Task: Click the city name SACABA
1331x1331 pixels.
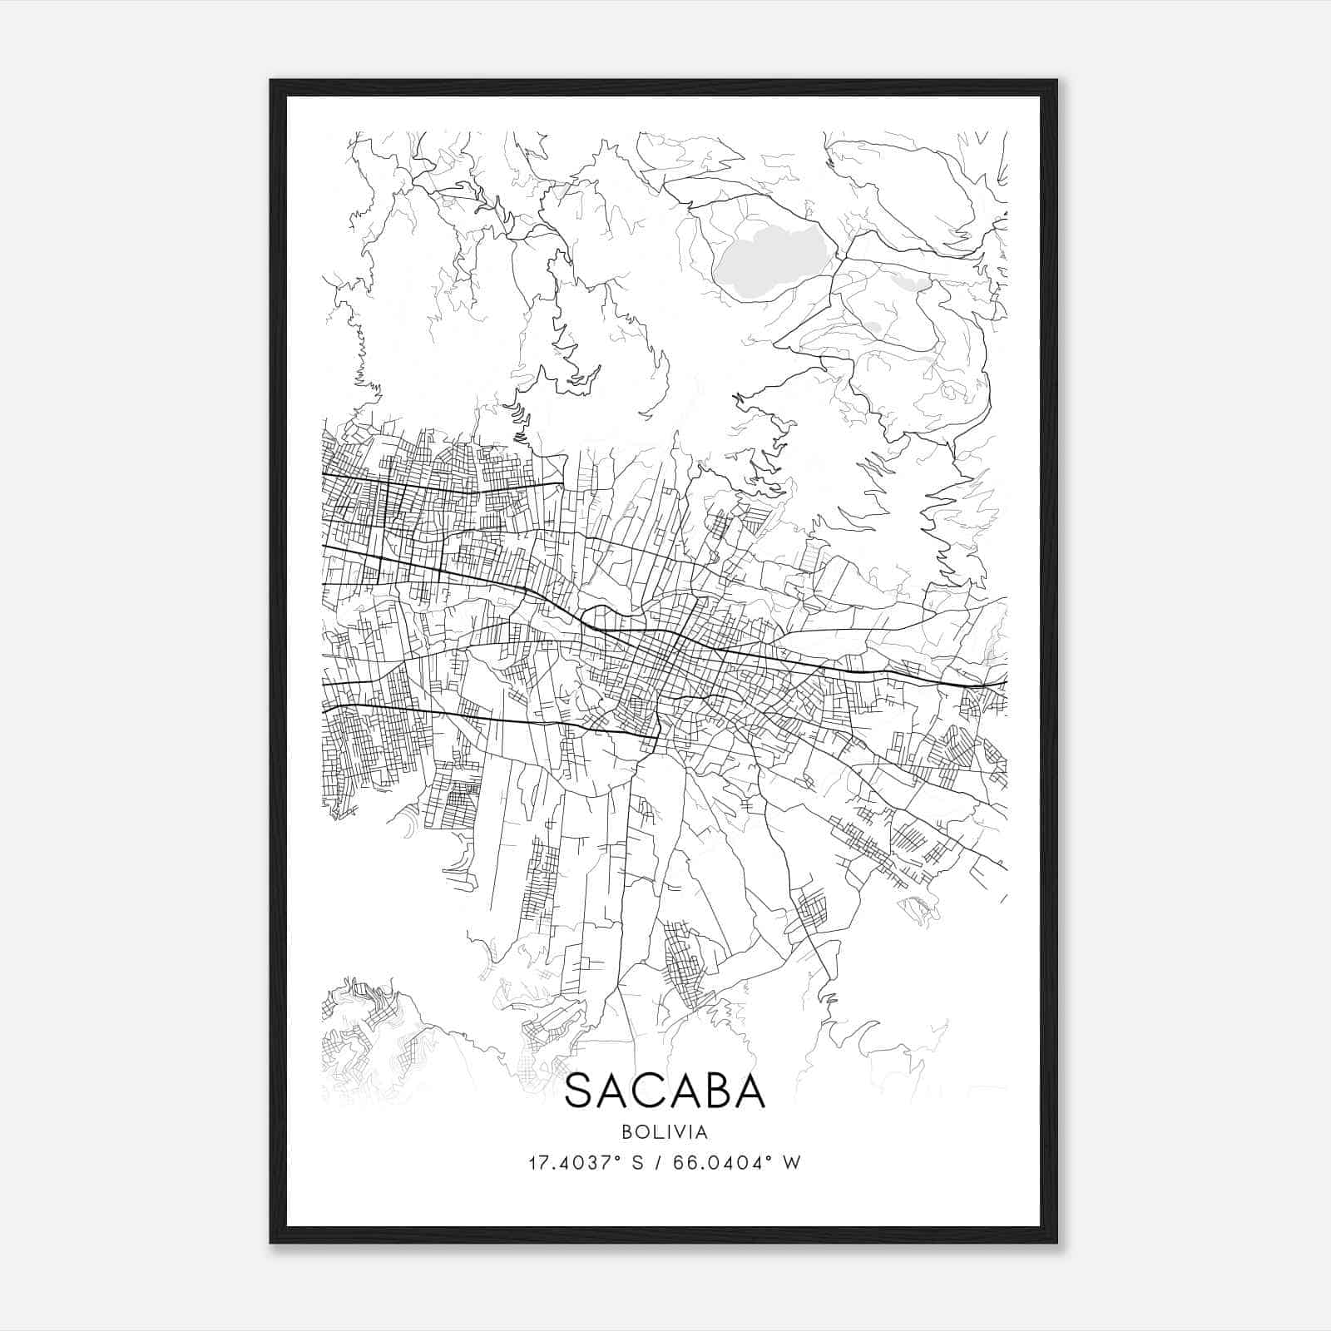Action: point(665,1091)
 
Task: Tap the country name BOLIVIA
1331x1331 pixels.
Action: point(665,1132)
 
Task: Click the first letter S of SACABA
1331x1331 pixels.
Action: point(579,1091)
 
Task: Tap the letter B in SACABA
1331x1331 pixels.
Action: point(715,1091)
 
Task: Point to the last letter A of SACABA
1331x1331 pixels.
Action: point(750,1091)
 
